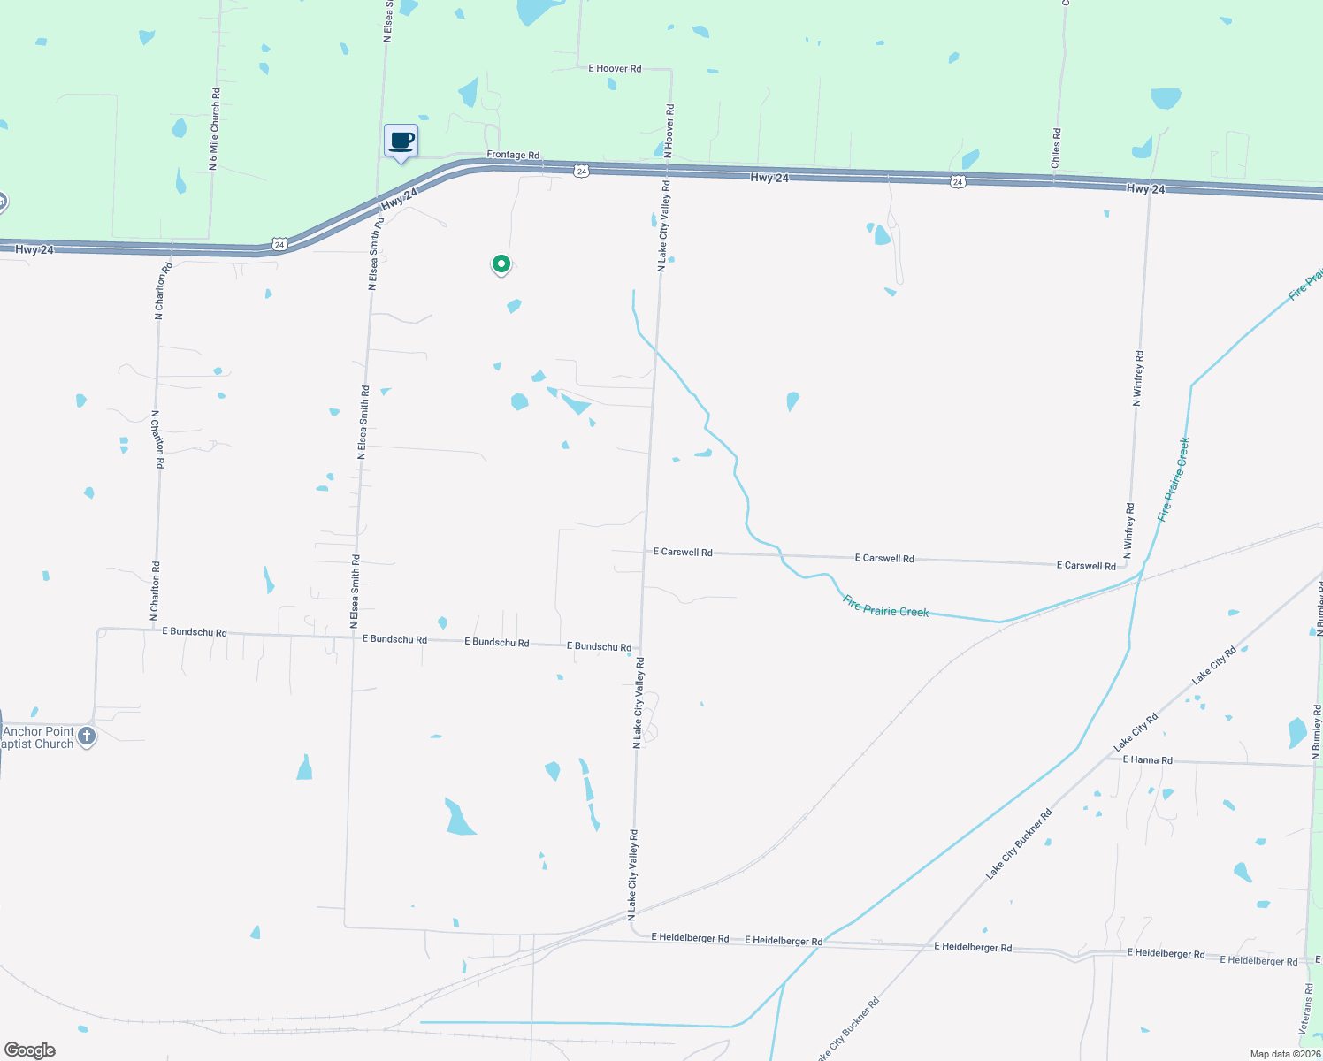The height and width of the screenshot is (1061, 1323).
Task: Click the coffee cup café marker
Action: [x=401, y=141]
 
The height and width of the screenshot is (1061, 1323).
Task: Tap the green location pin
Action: [x=501, y=264]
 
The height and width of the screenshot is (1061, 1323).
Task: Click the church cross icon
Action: [x=87, y=736]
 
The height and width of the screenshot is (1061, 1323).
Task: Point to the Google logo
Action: [x=30, y=1050]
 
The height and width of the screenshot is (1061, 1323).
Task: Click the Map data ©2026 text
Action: [x=1285, y=1054]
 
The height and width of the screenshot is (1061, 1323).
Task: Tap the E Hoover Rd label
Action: [x=615, y=68]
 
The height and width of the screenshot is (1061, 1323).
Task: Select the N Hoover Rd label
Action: [x=669, y=131]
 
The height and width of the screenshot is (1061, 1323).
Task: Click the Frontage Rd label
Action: [x=513, y=155]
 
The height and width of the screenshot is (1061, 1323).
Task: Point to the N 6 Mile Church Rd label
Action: [x=214, y=129]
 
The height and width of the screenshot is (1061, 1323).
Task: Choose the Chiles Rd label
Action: [x=1056, y=148]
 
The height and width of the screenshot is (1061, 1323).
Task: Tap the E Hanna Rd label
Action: [x=1147, y=759]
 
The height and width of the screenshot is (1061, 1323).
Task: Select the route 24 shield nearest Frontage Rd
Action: [x=581, y=172]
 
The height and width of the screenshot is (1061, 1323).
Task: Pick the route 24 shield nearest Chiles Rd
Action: [x=958, y=181]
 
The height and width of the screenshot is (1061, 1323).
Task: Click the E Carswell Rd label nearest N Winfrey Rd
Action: [x=1086, y=565]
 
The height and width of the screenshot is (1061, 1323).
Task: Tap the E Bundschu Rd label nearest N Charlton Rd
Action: [x=195, y=632]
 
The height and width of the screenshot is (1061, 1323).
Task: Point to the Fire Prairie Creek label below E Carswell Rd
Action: [x=885, y=607]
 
